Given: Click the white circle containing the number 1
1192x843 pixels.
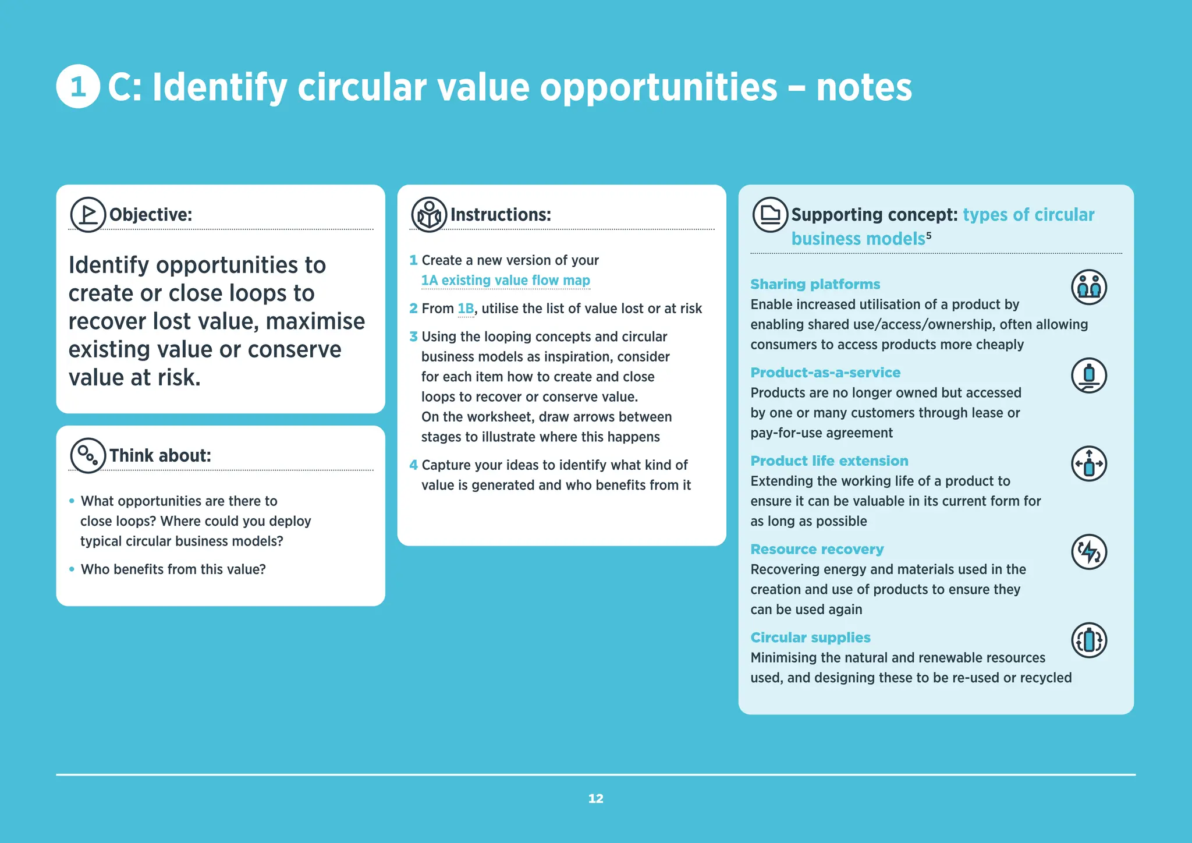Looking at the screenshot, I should [78, 87].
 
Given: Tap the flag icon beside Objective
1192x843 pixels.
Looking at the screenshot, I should [88, 214].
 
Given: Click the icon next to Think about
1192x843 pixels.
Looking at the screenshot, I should [88, 455].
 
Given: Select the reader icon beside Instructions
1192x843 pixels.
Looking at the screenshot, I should [429, 214].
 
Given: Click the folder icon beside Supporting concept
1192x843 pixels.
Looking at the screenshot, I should [770, 214].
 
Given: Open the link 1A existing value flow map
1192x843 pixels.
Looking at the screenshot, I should [505, 281].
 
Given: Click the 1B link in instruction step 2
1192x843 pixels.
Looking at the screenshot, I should [466, 309].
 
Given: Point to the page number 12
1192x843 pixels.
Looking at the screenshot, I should [595, 799].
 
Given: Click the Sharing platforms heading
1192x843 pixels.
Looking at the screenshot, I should [815, 284].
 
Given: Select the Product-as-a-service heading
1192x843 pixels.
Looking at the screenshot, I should [825, 373].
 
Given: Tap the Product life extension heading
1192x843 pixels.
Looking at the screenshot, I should [829, 461].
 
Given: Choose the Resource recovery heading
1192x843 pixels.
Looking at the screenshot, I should [817, 550].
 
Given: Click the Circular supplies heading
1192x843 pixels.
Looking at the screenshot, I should [810, 637].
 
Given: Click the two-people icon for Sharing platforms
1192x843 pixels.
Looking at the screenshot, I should [1088, 287].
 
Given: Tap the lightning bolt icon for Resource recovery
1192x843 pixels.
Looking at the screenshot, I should [1088, 552].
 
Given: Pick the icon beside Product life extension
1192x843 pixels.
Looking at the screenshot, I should [1088, 464].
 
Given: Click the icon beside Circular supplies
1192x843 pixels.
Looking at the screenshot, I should [1088, 640].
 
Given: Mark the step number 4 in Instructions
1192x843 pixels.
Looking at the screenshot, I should [413, 465].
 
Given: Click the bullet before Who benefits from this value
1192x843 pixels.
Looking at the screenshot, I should [72, 569].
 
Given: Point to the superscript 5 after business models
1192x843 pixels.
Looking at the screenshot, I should [929, 235].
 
